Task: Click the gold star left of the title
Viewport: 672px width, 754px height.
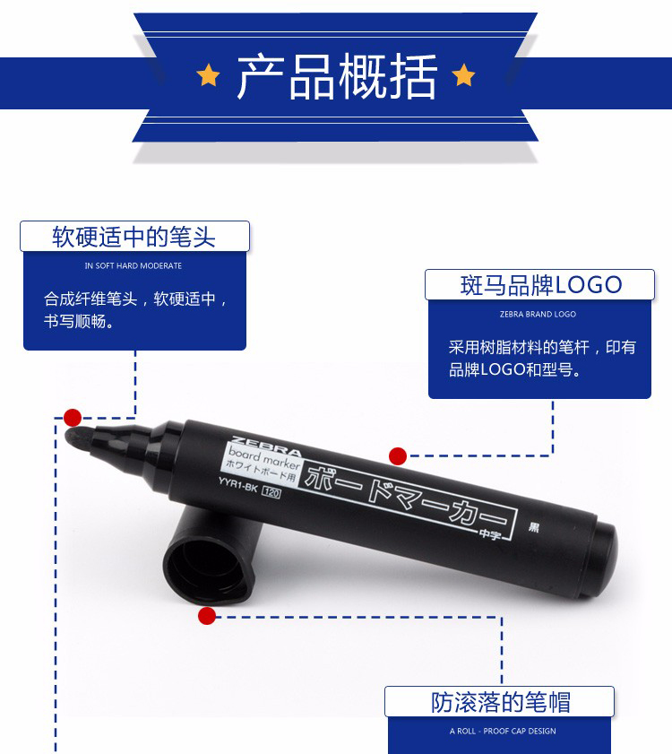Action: point(208,75)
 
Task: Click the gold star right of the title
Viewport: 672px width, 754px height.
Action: point(463,75)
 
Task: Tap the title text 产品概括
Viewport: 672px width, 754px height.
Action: point(337,76)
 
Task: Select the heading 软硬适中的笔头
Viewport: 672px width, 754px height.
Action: point(134,237)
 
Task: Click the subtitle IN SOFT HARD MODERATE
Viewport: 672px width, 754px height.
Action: point(134,265)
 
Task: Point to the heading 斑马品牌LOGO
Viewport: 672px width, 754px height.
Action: point(541,285)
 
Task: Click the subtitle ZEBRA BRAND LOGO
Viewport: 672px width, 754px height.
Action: point(538,314)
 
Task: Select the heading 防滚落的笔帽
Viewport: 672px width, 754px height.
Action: point(500,702)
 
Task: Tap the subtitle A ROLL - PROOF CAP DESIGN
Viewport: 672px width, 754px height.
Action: point(503,731)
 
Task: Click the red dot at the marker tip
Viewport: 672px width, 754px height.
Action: point(73,418)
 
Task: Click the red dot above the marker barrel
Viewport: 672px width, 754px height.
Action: point(398,455)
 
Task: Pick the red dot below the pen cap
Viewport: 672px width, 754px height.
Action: point(207,616)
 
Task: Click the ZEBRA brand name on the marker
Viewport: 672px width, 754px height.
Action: point(266,446)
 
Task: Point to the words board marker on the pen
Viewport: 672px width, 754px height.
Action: point(264,458)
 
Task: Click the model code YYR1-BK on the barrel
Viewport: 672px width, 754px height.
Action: point(237,485)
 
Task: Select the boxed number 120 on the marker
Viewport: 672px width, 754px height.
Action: point(271,492)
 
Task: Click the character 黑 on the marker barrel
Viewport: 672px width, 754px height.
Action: point(533,527)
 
